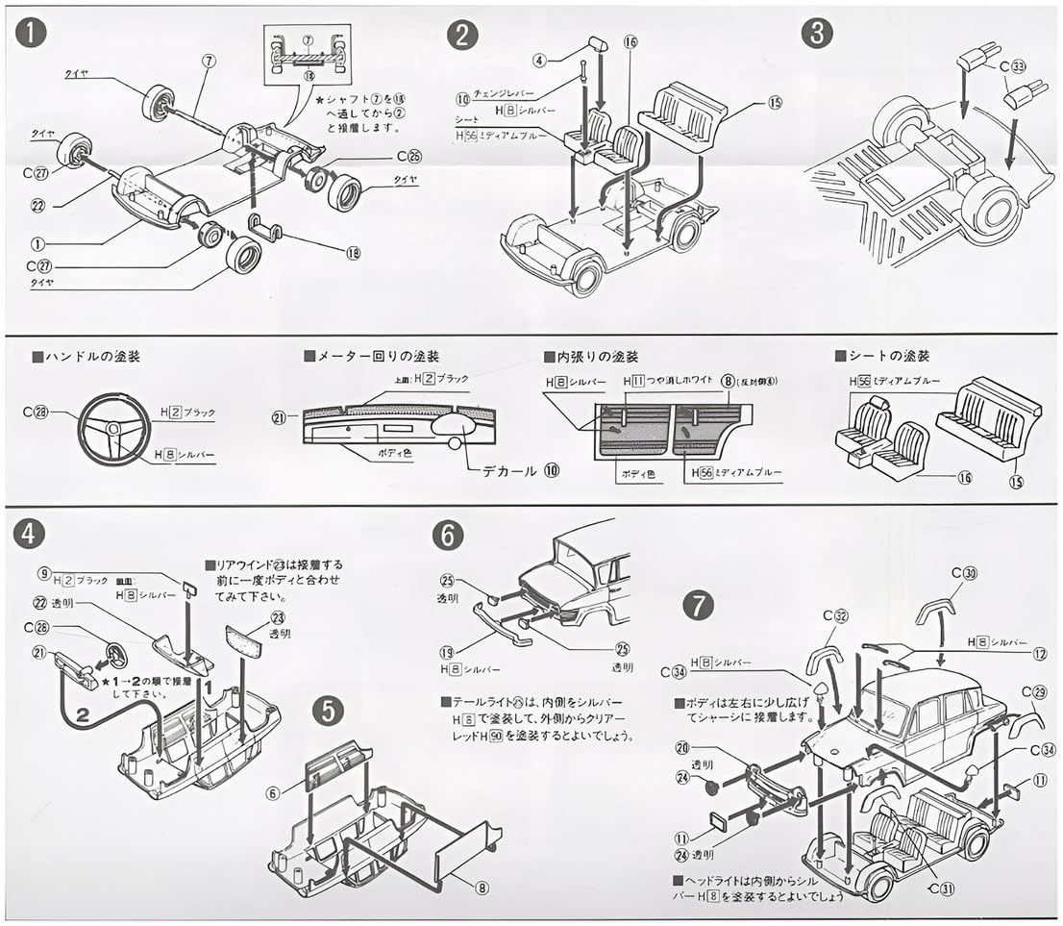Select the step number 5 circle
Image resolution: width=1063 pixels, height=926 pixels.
pos(329,711)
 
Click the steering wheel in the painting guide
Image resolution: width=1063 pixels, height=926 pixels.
pos(113,428)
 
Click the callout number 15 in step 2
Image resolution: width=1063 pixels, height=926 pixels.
pos(776,103)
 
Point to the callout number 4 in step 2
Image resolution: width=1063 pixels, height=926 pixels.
pos(540,60)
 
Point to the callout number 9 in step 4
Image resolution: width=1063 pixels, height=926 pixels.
pos(44,573)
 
